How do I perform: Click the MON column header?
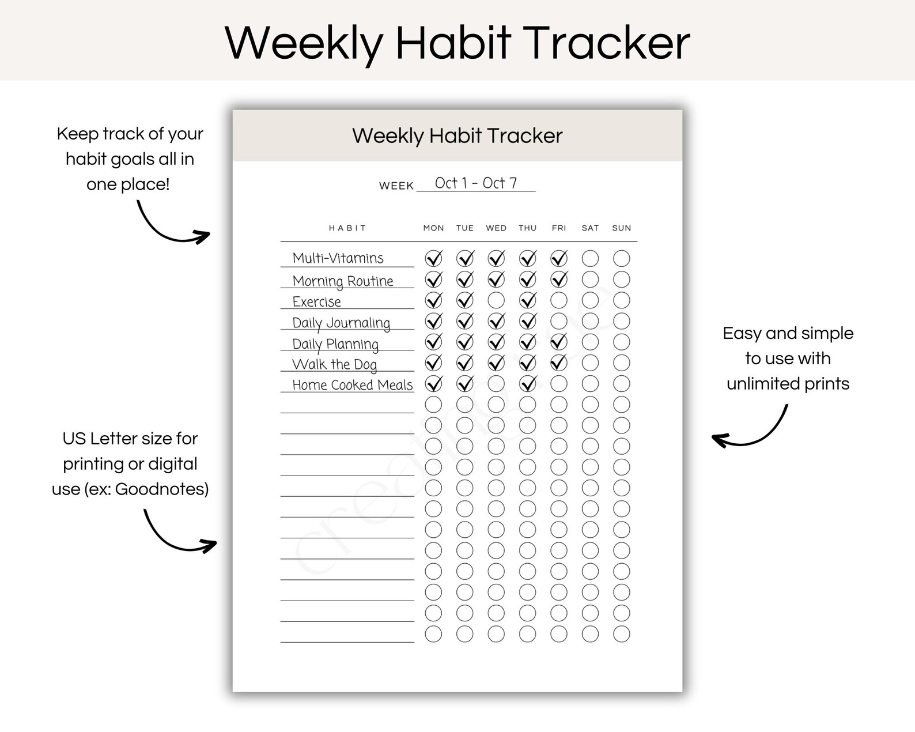pyautogui.click(x=433, y=228)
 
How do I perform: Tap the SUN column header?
pyautogui.click(x=621, y=228)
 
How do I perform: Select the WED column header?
pyautogui.click(x=496, y=228)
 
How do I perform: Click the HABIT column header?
pyautogui.click(x=347, y=228)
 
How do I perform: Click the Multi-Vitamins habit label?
pyautogui.click(x=338, y=258)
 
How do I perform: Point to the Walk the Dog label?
pyautogui.click(x=334, y=364)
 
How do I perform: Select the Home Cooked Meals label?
pyautogui.click(x=352, y=385)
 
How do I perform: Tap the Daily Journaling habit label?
pyautogui.click(x=341, y=323)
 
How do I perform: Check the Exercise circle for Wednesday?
pyautogui.click(x=496, y=300)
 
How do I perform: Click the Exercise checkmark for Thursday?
pyautogui.click(x=527, y=300)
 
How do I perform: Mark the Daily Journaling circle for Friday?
pyautogui.click(x=559, y=321)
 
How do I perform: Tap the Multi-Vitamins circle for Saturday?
pyautogui.click(x=590, y=258)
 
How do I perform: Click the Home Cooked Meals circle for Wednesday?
pyautogui.click(x=496, y=384)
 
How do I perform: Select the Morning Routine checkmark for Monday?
pyautogui.click(x=433, y=280)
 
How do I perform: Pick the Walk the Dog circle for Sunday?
pyautogui.click(x=621, y=363)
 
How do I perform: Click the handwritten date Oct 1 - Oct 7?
pyautogui.click(x=476, y=183)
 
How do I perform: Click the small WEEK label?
pyautogui.click(x=396, y=186)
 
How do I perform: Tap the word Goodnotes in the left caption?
pyautogui.click(x=161, y=489)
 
